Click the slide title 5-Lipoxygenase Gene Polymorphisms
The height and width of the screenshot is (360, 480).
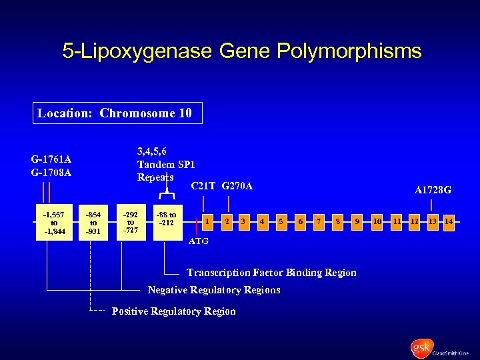point(241,51)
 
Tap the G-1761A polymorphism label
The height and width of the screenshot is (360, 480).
point(51,159)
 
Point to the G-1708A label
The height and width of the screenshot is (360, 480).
point(51,173)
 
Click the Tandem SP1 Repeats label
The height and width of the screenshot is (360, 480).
point(165,165)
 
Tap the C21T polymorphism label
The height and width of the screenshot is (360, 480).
point(203,186)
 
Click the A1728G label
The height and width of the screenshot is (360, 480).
point(433,190)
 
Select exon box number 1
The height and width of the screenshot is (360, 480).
point(209,220)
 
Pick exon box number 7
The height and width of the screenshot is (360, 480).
point(319,220)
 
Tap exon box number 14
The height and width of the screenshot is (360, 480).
point(449,221)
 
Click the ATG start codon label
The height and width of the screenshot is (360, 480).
point(199,241)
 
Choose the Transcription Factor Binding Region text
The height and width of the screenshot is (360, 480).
point(271,273)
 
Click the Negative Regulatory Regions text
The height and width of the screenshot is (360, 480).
point(213,290)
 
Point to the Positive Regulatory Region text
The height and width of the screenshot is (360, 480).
point(173,311)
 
